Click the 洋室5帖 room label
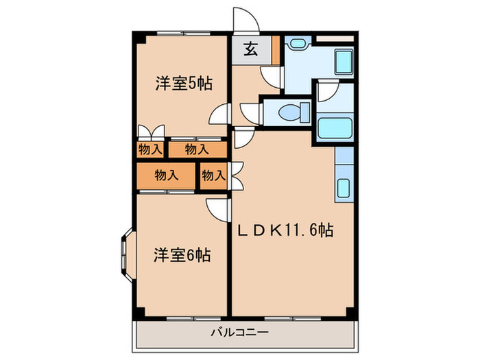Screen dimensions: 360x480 coord(182,84)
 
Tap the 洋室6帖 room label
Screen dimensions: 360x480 coord(181,256)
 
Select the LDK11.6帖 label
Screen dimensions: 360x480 coord(285,230)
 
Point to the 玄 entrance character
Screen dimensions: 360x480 coord(251,51)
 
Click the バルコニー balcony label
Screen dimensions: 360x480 coord(239,333)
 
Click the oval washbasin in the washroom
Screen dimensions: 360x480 coord(298,43)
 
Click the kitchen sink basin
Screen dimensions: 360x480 coord(343,187)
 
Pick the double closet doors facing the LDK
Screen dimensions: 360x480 coord(237,174)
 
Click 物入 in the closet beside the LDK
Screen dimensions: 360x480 coord(213,176)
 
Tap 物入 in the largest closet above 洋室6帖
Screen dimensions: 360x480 coord(167,175)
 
